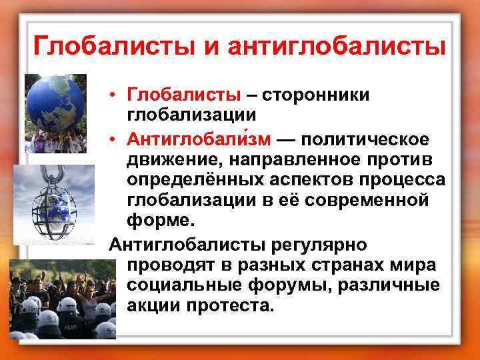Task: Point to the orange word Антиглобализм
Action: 199,139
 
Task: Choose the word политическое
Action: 365,139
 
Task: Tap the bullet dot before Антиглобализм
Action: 115,139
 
